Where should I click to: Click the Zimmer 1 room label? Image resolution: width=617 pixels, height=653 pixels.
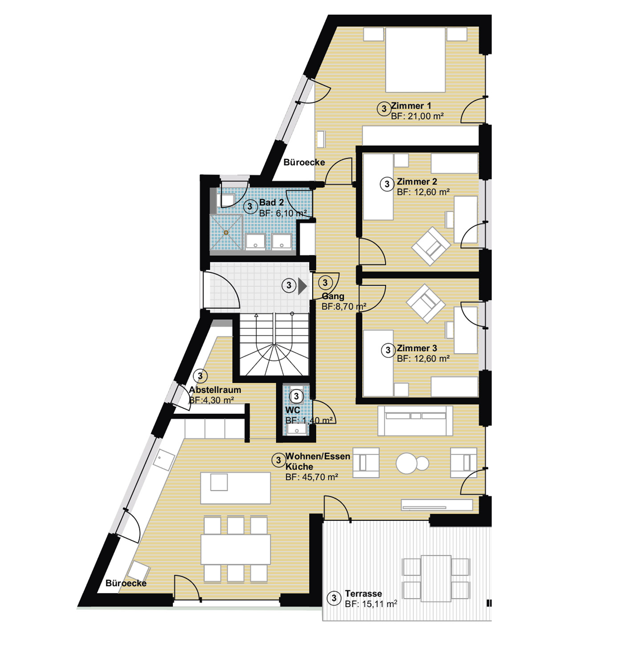click(411, 106)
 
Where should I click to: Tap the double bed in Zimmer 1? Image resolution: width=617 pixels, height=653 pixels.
click(415, 60)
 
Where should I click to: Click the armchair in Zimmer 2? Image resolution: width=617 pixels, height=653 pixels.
click(431, 246)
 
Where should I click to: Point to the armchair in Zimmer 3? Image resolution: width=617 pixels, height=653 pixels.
click(425, 303)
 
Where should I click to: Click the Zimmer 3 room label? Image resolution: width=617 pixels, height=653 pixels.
click(417, 348)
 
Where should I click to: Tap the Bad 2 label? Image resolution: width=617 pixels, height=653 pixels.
click(271, 202)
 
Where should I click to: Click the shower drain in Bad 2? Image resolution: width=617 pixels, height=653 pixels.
click(226, 233)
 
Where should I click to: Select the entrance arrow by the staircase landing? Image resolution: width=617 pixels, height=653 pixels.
click(302, 286)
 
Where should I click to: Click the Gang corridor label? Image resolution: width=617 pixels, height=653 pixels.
click(333, 296)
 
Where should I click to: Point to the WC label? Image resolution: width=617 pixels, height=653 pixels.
click(293, 410)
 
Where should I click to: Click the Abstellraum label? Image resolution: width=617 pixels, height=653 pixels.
click(215, 390)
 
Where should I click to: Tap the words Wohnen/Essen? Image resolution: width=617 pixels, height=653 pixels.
click(318, 457)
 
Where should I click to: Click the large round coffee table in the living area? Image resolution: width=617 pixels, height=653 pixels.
click(407, 463)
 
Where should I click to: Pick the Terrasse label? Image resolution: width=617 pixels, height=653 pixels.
click(364, 593)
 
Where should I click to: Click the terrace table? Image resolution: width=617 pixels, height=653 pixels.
click(436, 578)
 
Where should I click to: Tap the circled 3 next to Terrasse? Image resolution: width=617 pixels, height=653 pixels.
click(334, 598)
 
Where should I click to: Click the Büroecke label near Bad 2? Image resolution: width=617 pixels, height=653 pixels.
click(304, 162)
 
